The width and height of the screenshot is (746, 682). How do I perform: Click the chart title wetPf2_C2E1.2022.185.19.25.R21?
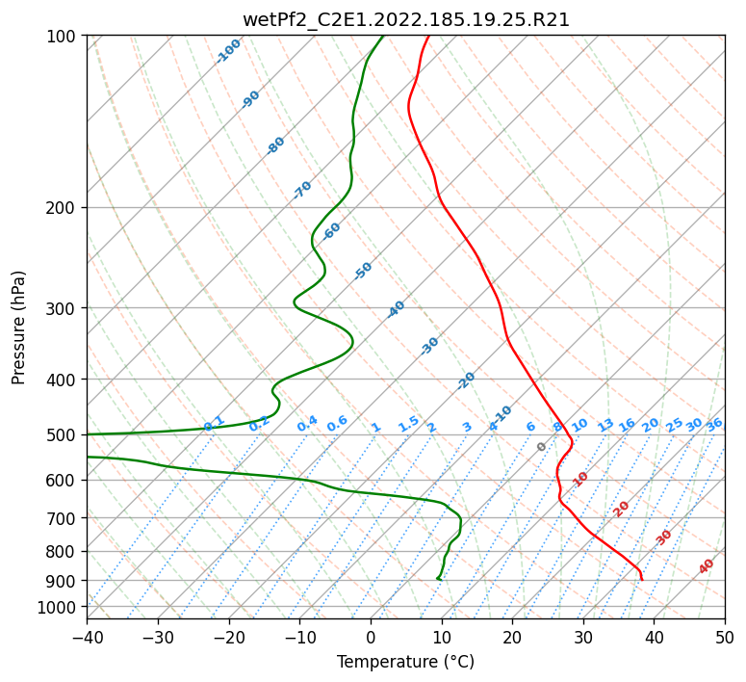(x=405, y=20)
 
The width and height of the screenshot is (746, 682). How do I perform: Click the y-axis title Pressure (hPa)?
(x=19, y=327)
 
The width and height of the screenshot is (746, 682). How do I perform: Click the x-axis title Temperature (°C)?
(x=405, y=662)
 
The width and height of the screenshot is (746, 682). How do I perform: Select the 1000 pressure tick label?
(x=60, y=607)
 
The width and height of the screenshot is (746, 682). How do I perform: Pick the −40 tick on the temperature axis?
(x=87, y=637)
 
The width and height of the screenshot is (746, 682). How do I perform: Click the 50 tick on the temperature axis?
(x=725, y=637)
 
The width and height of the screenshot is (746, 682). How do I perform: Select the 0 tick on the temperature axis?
(x=372, y=637)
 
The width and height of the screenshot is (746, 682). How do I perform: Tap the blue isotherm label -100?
(x=228, y=51)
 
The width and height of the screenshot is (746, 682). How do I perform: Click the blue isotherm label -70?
(x=302, y=190)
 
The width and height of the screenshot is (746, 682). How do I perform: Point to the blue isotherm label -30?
(x=429, y=345)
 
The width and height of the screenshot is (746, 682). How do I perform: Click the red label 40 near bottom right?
(x=707, y=566)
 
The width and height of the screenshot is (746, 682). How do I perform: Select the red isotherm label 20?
(x=621, y=508)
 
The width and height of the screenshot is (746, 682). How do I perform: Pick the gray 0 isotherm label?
(x=541, y=447)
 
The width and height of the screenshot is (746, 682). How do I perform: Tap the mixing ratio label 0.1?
(x=214, y=423)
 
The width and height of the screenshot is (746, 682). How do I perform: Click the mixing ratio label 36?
(x=714, y=424)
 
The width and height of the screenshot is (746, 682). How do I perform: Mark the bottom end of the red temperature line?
(x=641, y=579)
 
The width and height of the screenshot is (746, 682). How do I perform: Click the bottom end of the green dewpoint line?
(x=438, y=579)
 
